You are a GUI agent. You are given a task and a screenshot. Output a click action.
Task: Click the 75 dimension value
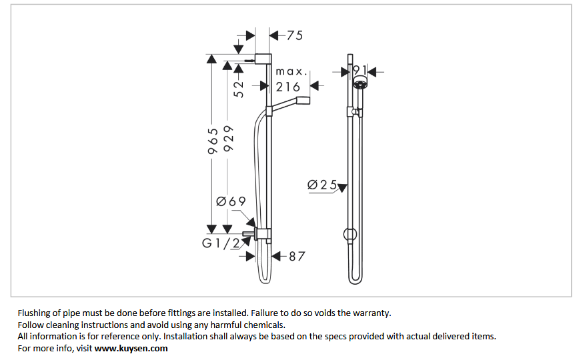(x=294, y=35)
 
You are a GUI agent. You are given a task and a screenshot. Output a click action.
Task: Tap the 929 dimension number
(x=229, y=139)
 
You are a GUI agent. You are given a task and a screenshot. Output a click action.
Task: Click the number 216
(x=288, y=87)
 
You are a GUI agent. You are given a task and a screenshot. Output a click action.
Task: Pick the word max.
(x=290, y=71)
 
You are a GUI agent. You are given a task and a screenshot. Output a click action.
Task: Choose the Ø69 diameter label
(x=231, y=201)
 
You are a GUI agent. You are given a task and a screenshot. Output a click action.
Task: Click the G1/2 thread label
(x=221, y=243)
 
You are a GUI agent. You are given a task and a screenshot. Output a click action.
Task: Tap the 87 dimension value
(x=297, y=255)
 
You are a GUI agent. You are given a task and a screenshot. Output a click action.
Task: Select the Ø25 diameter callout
(x=322, y=185)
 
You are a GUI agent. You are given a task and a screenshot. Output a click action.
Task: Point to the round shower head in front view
(x=360, y=84)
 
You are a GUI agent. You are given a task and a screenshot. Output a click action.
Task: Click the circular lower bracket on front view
(x=350, y=234)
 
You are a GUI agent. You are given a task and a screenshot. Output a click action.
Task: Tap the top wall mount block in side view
(x=263, y=58)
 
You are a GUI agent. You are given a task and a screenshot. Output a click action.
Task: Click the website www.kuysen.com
(x=131, y=348)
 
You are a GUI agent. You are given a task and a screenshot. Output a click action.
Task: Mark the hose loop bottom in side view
(x=265, y=280)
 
